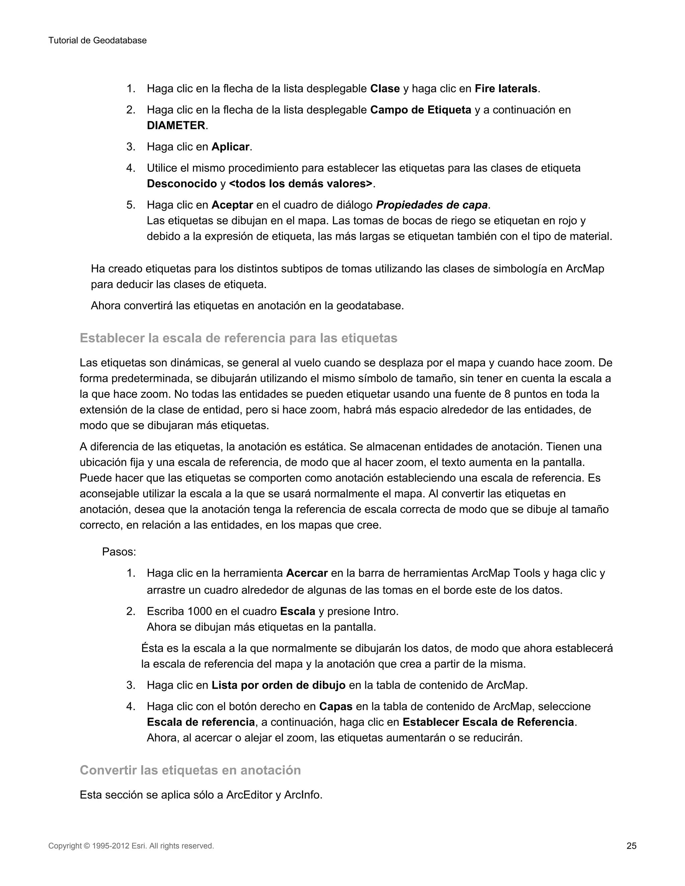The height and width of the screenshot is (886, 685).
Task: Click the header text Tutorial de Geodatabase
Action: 97,40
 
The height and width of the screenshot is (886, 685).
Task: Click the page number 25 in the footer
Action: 631,846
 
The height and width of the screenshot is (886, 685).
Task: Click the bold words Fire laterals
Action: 506,89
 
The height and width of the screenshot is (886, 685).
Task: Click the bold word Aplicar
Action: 230,147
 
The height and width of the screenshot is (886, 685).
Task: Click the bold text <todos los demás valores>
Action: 300,184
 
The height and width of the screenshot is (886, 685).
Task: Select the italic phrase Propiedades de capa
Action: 431,205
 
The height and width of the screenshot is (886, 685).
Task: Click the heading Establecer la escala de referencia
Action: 238,338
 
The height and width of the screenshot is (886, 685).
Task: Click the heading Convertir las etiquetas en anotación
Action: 190,770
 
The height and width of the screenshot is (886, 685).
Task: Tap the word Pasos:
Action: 119,552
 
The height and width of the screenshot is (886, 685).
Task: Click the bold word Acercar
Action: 307,573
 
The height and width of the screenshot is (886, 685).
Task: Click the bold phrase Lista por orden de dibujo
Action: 278,685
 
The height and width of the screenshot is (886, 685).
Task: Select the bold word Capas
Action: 335,706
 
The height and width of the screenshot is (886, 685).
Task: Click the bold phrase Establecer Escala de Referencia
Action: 488,722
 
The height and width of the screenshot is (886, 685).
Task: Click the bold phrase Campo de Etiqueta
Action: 420,110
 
